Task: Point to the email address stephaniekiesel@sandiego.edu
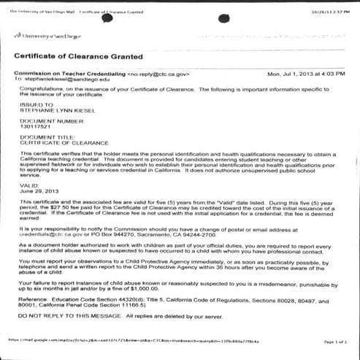(x=71, y=80)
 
